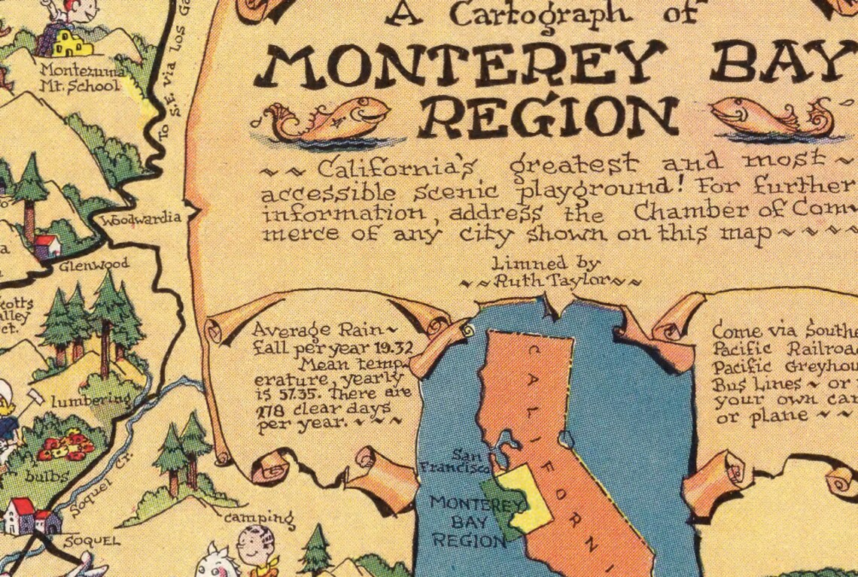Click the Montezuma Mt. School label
79,78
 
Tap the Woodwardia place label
141,219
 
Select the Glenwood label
94,265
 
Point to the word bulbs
47,475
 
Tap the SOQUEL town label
81,541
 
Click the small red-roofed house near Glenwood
47,245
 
